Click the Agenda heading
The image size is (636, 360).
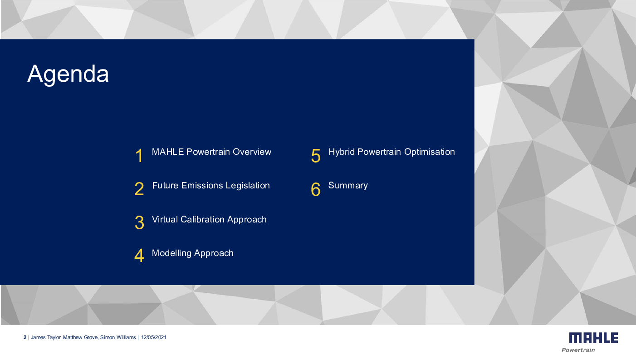click(68, 74)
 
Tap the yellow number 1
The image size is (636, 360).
click(139, 156)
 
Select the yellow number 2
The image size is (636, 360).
click(139, 189)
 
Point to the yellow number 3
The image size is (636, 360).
click(139, 222)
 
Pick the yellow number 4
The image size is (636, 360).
click(139, 255)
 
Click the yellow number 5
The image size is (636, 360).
click(316, 156)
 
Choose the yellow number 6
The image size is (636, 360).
click(316, 189)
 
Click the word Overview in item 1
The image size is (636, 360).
click(252, 152)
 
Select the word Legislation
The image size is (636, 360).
click(248, 186)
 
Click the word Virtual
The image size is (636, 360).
click(165, 219)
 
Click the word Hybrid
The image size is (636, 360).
click(342, 152)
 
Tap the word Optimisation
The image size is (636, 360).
click(430, 152)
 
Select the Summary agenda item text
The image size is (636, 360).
click(348, 186)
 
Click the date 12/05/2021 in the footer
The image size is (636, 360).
click(154, 338)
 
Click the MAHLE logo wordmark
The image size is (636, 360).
click(593, 338)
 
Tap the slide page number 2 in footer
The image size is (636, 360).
click(25, 338)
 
